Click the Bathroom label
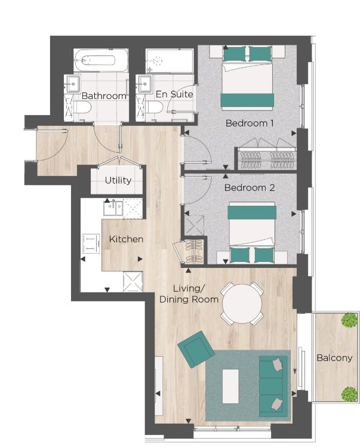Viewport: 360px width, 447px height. [x=104, y=95]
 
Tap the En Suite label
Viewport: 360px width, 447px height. [x=174, y=94]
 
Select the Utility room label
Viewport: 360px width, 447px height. [x=118, y=180]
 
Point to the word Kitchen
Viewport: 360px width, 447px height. [x=126, y=239]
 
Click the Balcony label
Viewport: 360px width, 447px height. [x=334, y=357]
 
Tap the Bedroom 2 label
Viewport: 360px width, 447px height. [x=250, y=187]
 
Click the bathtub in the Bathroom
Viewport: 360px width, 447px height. [x=101, y=60]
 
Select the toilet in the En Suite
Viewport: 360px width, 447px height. [x=154, y=107]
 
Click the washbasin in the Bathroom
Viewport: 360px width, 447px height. [x=73, y=84]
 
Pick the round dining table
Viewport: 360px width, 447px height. [x=242, y=304]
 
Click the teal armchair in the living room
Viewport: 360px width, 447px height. [x=196, y=349]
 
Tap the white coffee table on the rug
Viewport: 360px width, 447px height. [x=230, y=386]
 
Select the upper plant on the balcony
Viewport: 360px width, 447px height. [x=349, y=320]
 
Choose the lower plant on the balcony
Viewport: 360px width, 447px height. [x=349, y=394]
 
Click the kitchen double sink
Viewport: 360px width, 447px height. [x=113, y=208]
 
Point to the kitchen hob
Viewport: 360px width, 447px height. [x=91, y=243]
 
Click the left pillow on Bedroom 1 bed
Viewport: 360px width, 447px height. [x=235, y=54]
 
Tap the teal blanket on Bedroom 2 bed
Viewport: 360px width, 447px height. [x=252, y=212]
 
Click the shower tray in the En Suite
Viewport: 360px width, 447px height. [x=170, y=60]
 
